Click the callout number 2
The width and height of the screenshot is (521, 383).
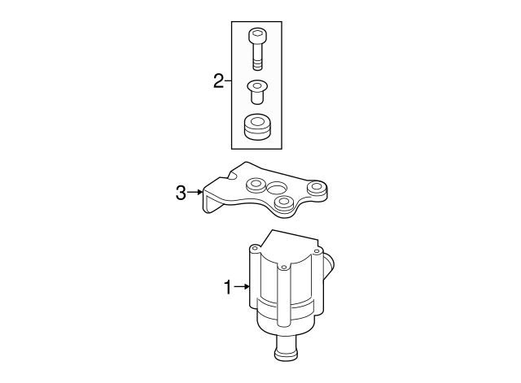coord(217,81)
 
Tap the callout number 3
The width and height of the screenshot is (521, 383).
coord(181,193)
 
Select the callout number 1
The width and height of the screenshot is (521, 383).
coord(229,286)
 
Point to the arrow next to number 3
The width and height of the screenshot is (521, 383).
coord(196,193)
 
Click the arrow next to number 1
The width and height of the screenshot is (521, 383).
coord(243,286)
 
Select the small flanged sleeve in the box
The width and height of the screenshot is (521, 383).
coord(257,90)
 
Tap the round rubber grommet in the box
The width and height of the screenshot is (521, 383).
coord(258,128)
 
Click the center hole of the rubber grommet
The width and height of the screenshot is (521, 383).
coord(258,123)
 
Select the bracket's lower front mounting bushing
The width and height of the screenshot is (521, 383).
coord(284,202)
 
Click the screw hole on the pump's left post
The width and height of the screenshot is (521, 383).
coord(251,245)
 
